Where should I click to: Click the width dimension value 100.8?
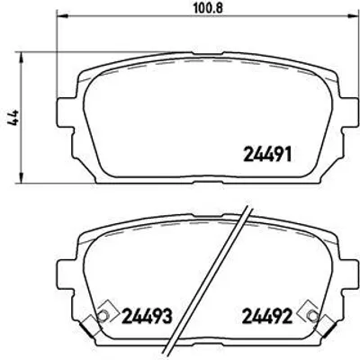(207, 8)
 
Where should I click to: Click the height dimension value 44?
(13, 118)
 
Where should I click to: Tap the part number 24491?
(268, 155)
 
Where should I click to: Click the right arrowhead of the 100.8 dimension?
(354, 15)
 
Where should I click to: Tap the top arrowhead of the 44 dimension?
(21, 58)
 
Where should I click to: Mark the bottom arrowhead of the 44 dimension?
(21, 176)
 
